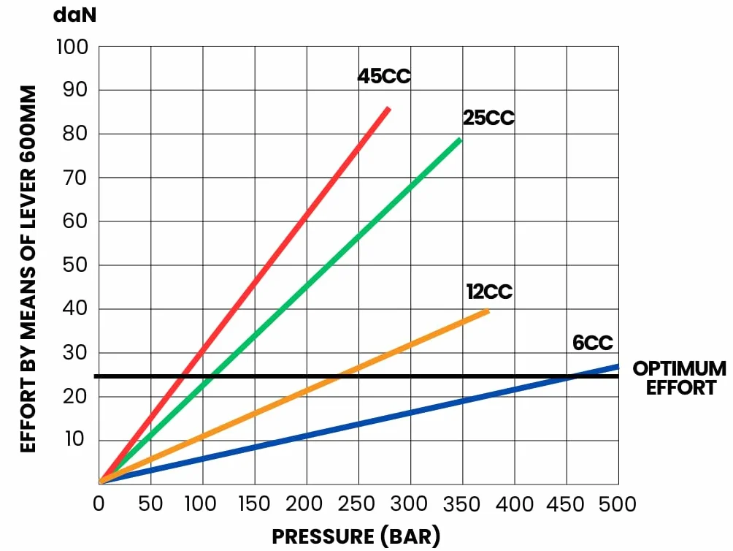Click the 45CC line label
point(384,76)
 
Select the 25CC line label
point(488,118)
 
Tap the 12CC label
point(489,292)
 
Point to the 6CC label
point(593,343)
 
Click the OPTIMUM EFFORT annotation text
point(680,378)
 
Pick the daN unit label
point(74,15)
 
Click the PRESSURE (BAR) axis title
point(356,536)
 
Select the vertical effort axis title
point(28,269)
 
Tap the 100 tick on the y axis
point(72,47)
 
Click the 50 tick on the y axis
point(74,265)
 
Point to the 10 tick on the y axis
point(74,439)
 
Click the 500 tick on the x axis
point(618,503)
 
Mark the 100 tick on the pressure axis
point(201,503)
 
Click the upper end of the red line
point(388,108)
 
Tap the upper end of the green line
point(460,140)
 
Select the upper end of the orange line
point(488,311)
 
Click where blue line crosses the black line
point(573,376)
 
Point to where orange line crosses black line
point(340,376)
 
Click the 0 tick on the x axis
point(99,503)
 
